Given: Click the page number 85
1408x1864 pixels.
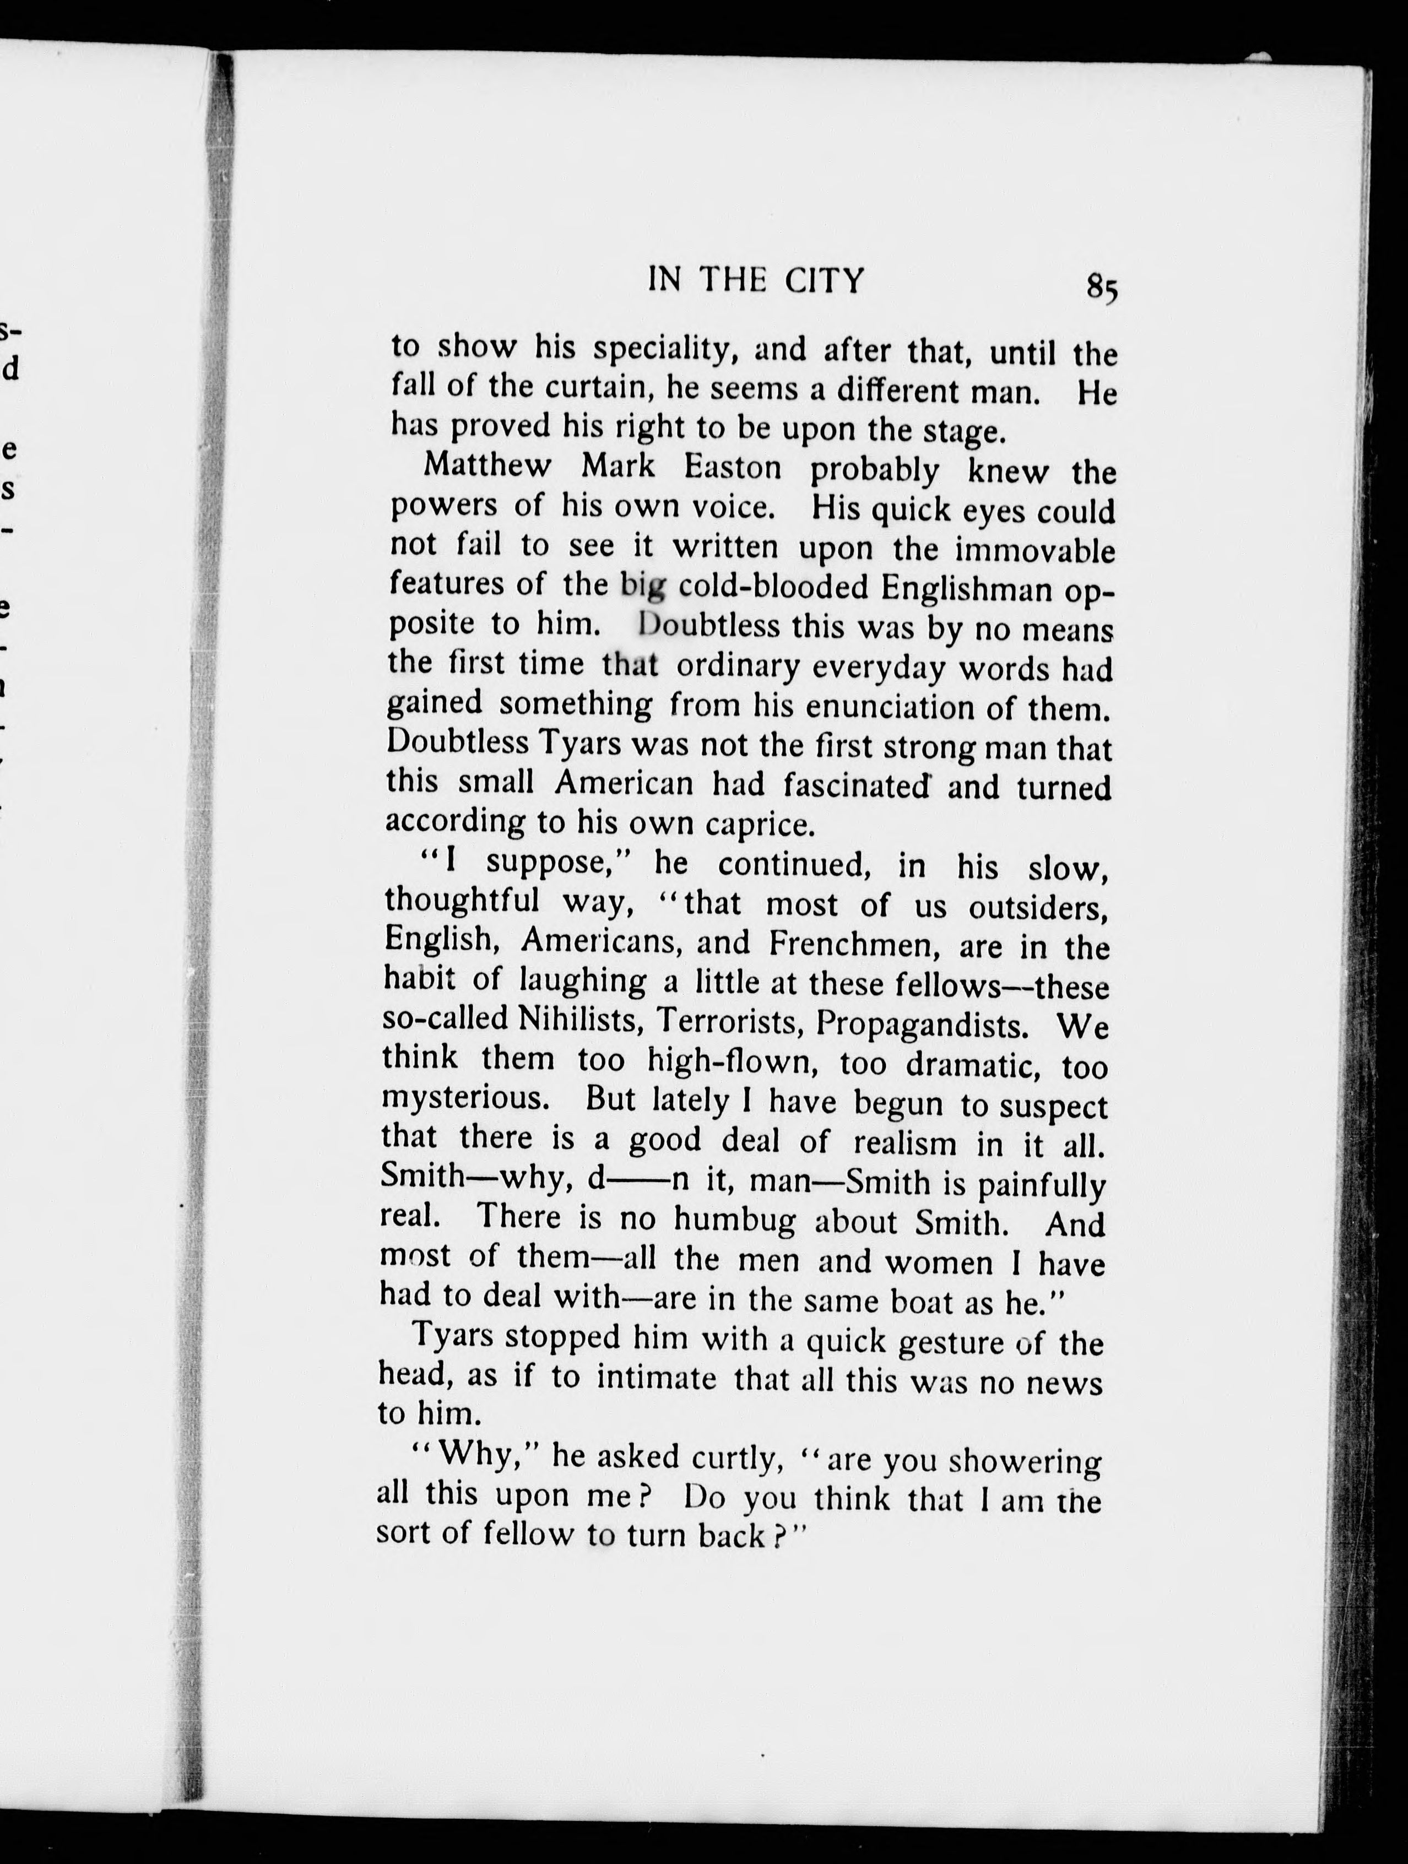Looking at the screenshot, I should pyautogui.click(x=1101, y=288).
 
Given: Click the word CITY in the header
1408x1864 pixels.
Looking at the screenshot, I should pyautogui.click(x=825, y=280).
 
